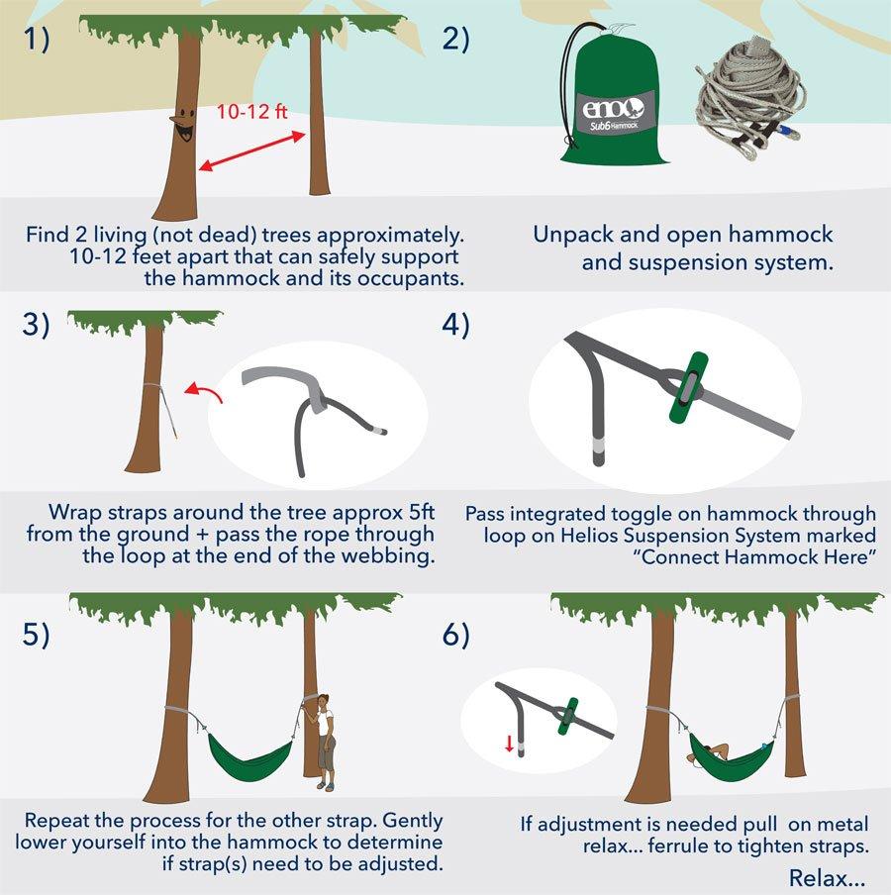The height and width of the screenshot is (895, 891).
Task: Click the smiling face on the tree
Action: (182, 122)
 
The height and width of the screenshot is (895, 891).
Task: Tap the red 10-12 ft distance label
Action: (251, 111)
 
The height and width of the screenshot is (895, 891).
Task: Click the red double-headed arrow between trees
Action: (251, 151)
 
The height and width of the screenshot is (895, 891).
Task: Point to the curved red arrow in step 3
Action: (205, 393)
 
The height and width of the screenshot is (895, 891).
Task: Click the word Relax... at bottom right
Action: (827, 877)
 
